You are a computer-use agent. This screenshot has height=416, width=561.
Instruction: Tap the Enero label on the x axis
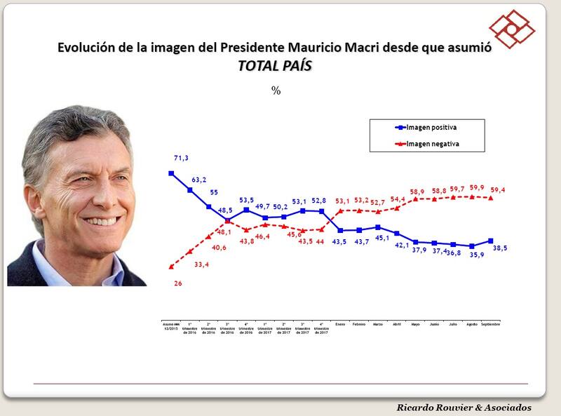[341, 325]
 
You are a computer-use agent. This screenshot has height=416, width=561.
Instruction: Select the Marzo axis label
[378, 325]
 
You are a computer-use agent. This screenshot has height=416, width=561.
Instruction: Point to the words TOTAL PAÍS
[274, 67]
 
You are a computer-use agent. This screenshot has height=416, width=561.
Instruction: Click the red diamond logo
[511, 25]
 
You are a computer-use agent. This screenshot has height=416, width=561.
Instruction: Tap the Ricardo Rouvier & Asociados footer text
[464, 408]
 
